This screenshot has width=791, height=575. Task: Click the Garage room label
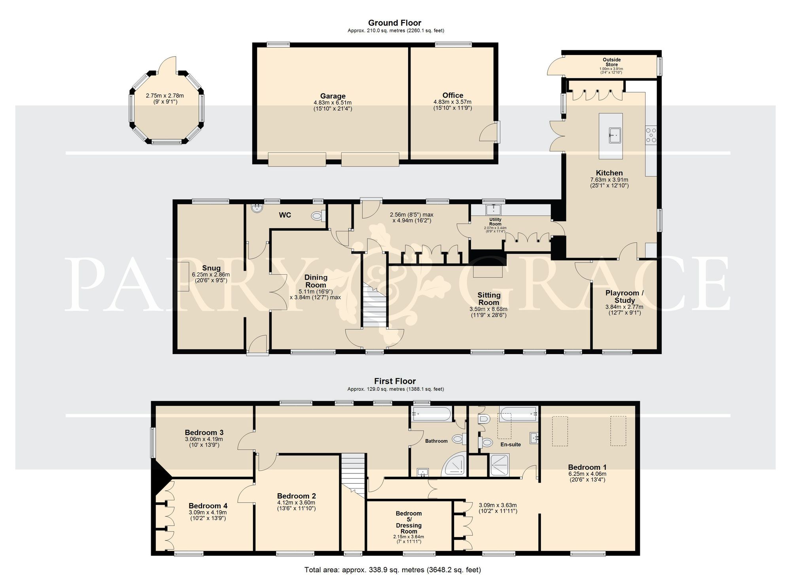point(333,96)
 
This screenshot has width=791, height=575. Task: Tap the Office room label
point(453,95)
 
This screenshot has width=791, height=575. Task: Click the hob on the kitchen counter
point(651,135)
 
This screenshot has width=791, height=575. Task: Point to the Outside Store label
point(611,62)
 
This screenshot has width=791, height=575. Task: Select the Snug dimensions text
point(211,277)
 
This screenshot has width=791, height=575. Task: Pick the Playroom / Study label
point(624,296)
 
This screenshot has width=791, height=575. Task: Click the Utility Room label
point(495,221)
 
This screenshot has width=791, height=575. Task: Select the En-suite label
point(511,444)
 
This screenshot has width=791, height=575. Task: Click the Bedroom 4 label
point(208,505)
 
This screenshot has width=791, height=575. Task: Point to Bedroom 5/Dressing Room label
point(409,522)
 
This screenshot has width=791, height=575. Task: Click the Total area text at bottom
point(392,569)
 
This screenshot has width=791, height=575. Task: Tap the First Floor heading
point(395,381)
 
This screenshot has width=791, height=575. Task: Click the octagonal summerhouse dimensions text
point(165,98)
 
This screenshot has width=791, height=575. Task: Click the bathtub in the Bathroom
point(431,414)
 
